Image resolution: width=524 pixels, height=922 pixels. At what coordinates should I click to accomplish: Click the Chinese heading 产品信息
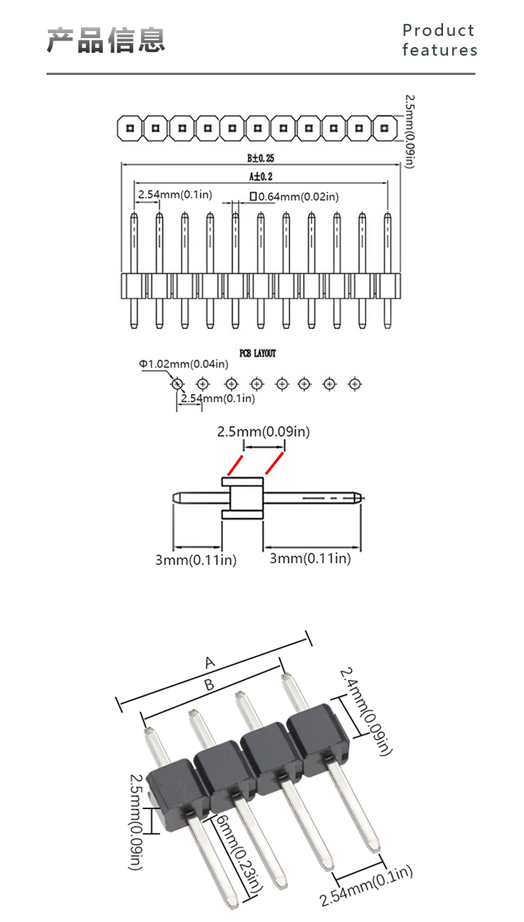pos(106,40)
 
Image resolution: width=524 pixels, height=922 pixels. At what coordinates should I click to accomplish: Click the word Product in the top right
pos(439,30)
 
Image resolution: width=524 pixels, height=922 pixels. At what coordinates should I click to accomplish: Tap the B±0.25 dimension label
pos(260,158)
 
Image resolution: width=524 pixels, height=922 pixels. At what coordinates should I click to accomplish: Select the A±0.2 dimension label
pos(260,176)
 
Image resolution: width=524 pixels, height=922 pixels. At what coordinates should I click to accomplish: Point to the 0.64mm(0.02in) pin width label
pos(294,197)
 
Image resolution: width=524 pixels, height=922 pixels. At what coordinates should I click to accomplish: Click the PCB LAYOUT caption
pos(257,353)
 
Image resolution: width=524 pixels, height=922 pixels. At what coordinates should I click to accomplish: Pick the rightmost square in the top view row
pos(385,128)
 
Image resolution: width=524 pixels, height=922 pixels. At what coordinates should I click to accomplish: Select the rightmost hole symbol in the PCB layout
pos(355,384)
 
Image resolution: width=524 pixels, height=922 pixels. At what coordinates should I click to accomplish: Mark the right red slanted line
pos(274,463)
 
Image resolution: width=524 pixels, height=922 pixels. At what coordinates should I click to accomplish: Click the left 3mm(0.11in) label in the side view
pos(195,560)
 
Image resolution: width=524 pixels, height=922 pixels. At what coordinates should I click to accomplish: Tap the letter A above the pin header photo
pos(210,662)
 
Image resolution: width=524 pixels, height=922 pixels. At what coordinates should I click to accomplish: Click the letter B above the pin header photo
pos(209,685)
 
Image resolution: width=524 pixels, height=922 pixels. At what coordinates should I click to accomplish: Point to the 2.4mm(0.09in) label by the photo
pos(366,711)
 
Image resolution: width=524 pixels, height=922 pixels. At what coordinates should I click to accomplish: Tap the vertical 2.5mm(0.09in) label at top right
pos(410,132)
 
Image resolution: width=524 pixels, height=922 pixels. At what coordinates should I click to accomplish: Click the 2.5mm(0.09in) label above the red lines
pos(264,431)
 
